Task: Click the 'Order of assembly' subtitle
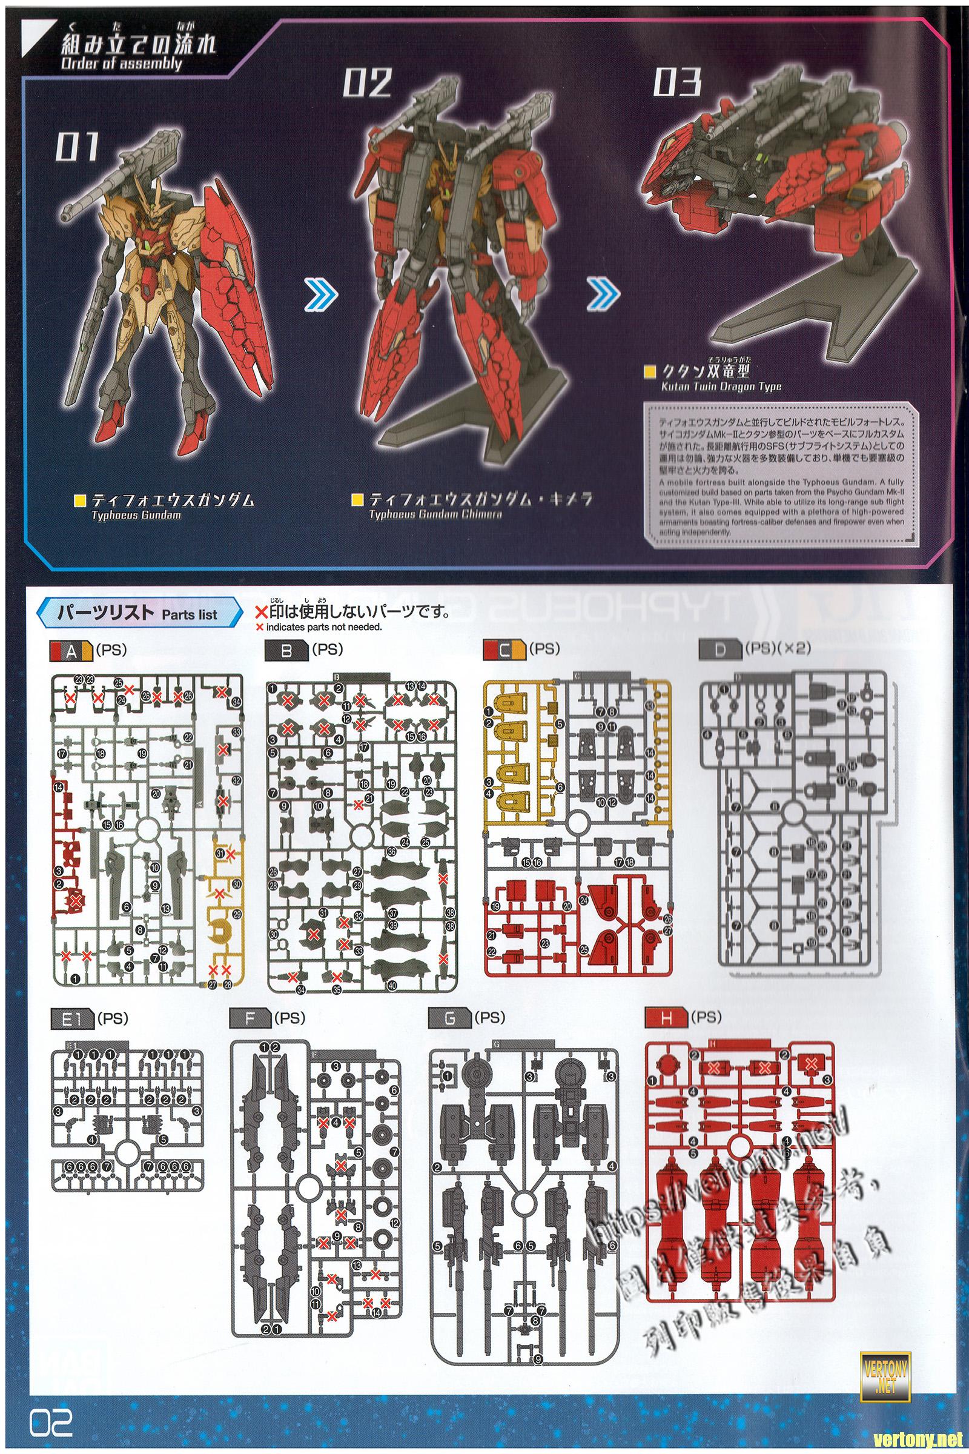(121, 64)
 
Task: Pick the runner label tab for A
(71, 649)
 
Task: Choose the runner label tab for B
(285, 649)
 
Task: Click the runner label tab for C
(504, 649)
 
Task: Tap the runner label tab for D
(719, 649)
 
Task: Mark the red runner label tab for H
(665, 1018)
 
